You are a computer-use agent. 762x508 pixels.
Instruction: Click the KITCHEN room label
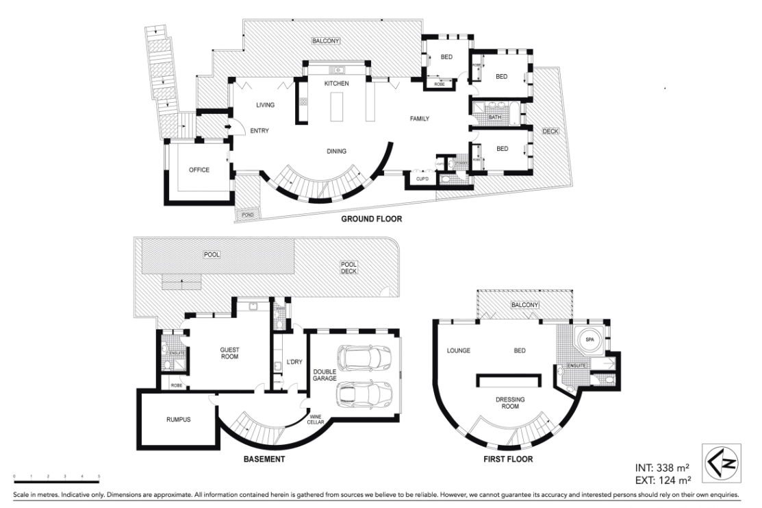pos(337,83)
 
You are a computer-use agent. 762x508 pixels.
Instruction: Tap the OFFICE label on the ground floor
pos(199,169)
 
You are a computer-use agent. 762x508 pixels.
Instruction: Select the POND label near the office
pos(244,215)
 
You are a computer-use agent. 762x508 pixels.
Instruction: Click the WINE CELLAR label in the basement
pos(315,419)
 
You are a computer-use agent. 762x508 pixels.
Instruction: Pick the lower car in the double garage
pos(363,394)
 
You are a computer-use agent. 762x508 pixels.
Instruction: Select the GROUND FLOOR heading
pos(371,219)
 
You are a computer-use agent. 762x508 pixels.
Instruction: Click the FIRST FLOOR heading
pos(508,459)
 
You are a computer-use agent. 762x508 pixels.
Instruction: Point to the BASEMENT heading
pos(264,459)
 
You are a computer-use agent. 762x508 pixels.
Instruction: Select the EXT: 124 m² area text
pos(662,479)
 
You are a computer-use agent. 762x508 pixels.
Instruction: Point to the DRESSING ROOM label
pos(509,402)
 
